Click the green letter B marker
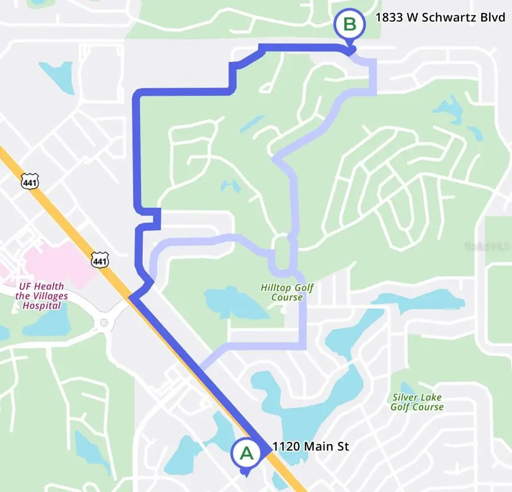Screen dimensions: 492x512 [x=349, y=24]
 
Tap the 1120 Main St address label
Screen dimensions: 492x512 [x=311, y=447]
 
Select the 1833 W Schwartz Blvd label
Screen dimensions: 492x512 [x=440, y=18]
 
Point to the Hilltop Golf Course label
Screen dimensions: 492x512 [x=287, y=292]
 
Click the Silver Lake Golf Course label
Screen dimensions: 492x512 [x=417, y=402]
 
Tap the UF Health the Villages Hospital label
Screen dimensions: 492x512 [x=41, y=296]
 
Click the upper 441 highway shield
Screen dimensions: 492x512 [x=28, y=181]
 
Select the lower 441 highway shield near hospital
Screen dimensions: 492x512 [x=99, y=259]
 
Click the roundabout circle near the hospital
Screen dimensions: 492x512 [x=104, y=323]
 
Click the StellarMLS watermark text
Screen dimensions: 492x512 [x=487, y=246]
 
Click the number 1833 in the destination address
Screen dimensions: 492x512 [x=388, y=18]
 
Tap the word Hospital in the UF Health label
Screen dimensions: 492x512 [x=42, y=305]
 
